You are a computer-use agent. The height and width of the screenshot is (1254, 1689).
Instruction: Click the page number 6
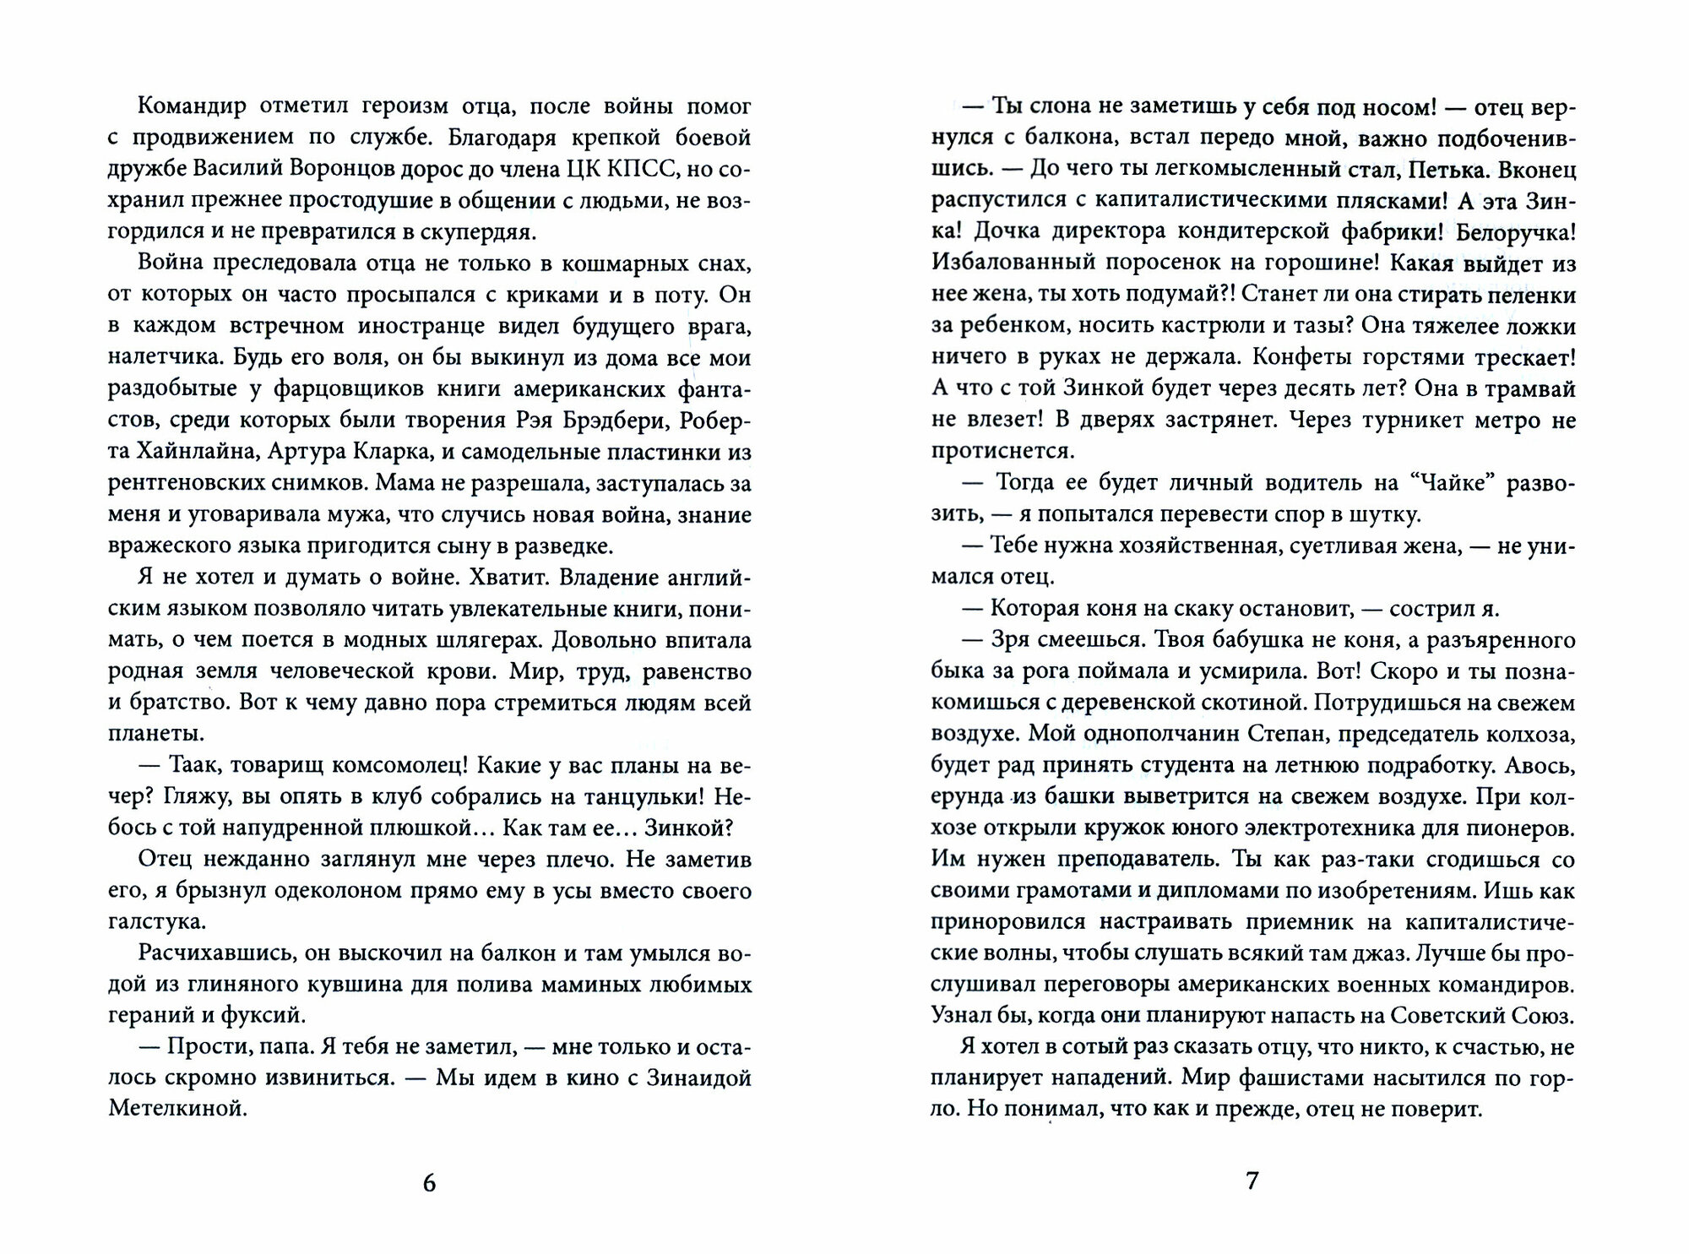(429, 1183)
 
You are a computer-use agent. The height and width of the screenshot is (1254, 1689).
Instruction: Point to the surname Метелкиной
(177, 1110)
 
